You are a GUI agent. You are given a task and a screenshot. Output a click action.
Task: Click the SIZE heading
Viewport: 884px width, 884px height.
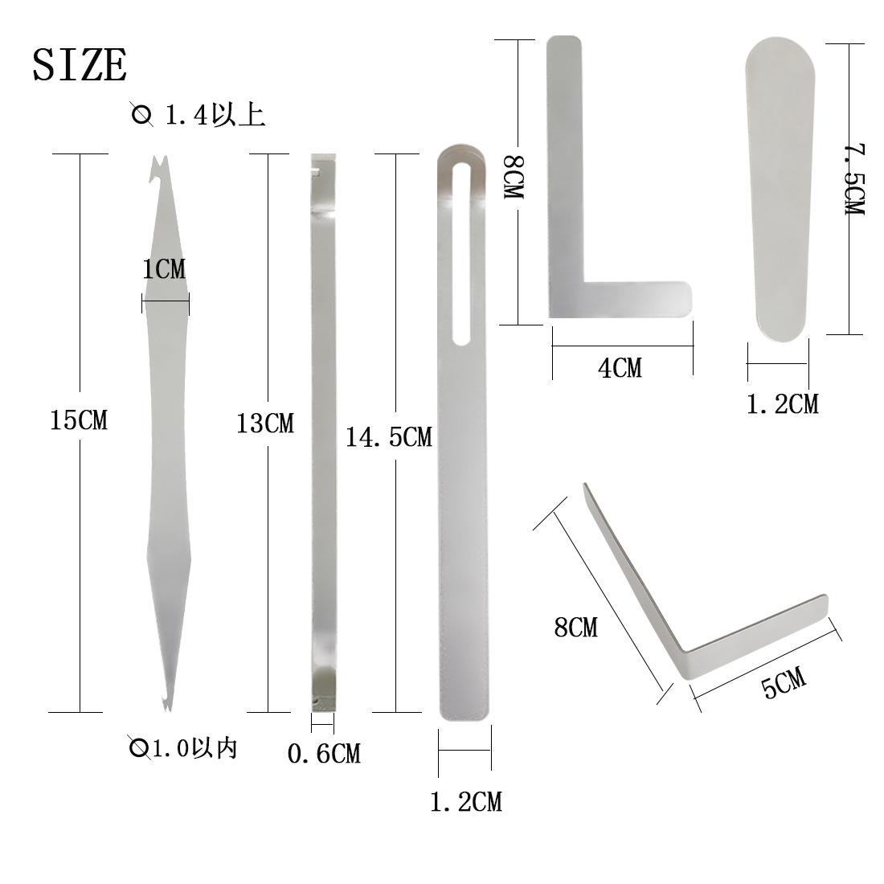coord(80,65)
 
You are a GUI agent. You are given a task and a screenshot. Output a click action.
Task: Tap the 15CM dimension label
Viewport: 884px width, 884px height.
coord(79,420)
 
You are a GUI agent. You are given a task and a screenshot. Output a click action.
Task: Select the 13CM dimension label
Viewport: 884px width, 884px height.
coord(264,423)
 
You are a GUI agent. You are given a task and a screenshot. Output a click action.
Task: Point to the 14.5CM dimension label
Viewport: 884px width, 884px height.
coord(388,437)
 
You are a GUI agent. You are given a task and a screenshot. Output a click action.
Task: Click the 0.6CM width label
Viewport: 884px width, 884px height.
coord(324,753)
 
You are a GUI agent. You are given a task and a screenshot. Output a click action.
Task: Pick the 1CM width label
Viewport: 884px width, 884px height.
coord(163,269)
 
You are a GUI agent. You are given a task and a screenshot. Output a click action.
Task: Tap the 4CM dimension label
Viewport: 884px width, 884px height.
coord(620,368)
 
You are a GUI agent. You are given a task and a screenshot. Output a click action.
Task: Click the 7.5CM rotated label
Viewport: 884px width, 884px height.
coord(854,178)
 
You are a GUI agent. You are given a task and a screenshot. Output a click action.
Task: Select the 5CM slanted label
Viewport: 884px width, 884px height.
coord(784,681)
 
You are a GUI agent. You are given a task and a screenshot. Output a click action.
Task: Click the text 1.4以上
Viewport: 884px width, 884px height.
coord(215,114)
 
